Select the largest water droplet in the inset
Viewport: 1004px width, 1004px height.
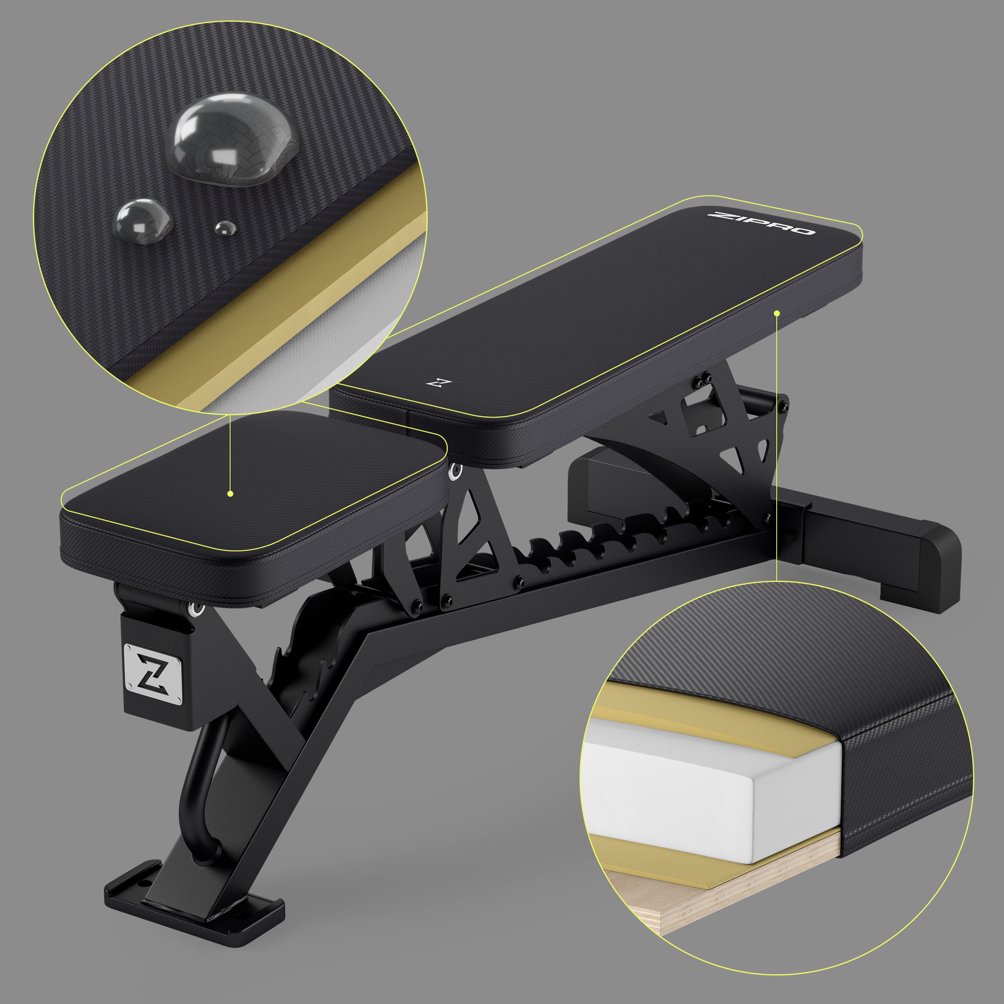click(x=232, y=138)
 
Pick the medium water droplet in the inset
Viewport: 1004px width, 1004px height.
click(x=143, y=220)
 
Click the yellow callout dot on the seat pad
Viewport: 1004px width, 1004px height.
click(x=230, y=494)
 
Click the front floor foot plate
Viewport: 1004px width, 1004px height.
click(x=195, y=907)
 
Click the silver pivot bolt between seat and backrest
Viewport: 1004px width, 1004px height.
click(x=456, y=470)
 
